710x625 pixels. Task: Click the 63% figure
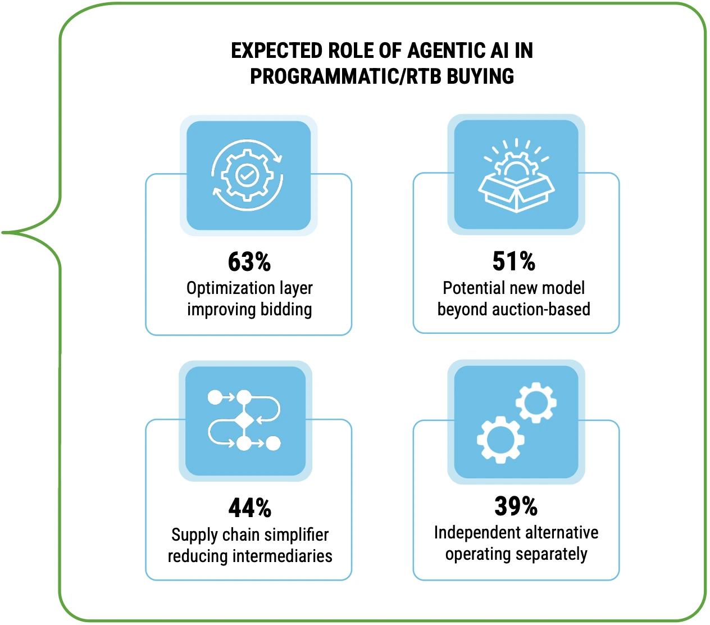249,262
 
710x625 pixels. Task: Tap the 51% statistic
514,261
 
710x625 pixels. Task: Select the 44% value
249,508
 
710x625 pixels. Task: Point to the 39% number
516,506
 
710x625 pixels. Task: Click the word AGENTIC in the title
447,51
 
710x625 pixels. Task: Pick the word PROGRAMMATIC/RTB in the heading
345,76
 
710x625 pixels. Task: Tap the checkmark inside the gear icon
247,174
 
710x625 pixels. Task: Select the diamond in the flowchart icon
244,420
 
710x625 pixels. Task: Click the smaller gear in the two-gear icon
536,402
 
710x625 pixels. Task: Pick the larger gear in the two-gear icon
500,440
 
